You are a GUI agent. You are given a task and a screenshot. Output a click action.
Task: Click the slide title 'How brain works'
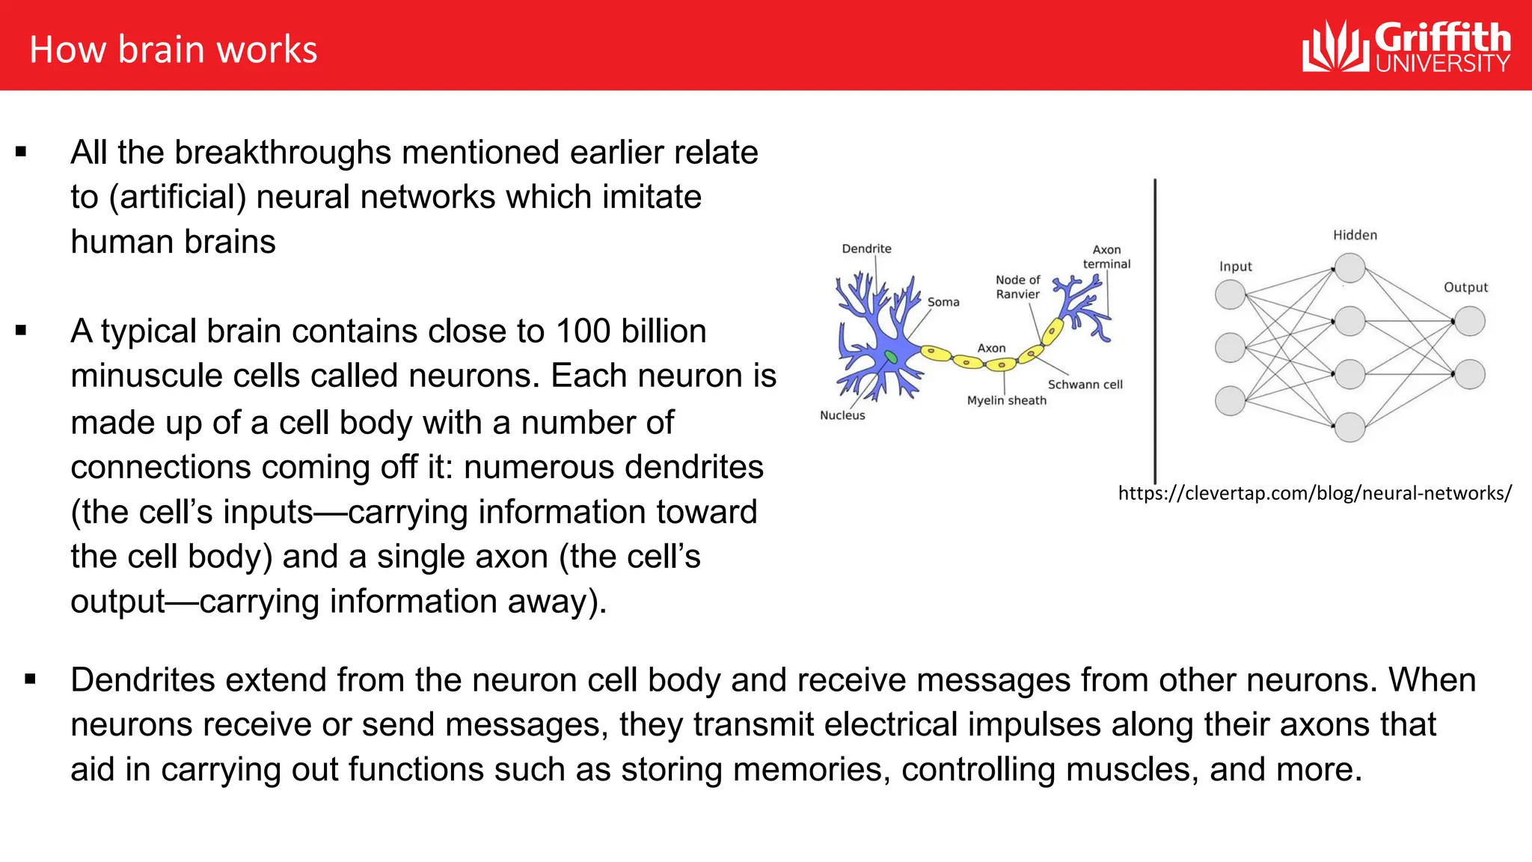point(173,49)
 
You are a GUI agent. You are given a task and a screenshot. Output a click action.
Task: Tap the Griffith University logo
point(1406,47)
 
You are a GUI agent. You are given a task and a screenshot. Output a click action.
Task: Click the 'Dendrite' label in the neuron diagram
point(866,248)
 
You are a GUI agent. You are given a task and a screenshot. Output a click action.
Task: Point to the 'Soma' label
point(943,302)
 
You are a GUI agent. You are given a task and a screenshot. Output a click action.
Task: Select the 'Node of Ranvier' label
point(1017,287)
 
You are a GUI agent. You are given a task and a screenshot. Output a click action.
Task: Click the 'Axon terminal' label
point(1106,257)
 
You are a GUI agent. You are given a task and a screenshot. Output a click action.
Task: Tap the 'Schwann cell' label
point(1085,385)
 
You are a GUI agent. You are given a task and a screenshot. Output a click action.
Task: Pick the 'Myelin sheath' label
point(1006,400)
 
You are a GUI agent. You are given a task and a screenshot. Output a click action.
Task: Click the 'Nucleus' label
point(842,415)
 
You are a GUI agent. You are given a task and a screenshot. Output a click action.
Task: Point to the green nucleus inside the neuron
point(890,357)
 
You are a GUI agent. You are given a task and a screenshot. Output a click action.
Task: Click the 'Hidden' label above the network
point(1355,235)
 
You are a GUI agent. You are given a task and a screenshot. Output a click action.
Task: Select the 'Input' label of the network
point(1235,266)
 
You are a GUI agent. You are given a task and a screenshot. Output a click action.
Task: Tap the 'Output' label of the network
point(1465,287)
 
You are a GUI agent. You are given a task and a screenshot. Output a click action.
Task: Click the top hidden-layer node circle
point(1350,268)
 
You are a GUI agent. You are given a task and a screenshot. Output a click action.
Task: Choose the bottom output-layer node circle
point(1470,374)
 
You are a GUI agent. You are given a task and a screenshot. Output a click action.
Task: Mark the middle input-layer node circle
point(1230,348)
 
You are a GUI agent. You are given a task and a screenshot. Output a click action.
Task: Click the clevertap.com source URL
point(1314,493)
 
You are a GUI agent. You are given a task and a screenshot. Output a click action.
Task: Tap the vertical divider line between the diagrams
point(1155,329)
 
